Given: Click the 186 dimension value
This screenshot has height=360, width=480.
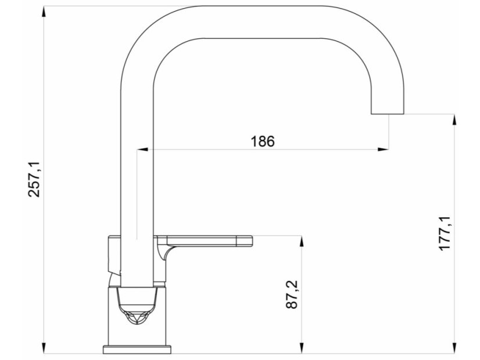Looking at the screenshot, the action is (263, 141).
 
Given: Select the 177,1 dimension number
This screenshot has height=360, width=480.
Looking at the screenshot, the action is (445, 233).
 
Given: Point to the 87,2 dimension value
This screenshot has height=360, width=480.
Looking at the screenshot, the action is (292, 294).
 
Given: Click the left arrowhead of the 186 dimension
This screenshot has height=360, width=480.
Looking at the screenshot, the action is (142, 150).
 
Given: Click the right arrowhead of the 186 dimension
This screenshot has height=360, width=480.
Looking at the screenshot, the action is (384, 150).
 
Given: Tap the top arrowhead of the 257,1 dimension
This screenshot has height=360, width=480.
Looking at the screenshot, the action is (44, 12).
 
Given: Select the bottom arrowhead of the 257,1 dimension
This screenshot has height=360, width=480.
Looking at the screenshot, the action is (44, 348).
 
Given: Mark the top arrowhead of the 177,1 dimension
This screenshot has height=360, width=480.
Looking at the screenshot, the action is (454, 120).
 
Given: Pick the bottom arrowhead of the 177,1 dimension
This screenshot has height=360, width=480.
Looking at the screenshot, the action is (454, 348).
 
